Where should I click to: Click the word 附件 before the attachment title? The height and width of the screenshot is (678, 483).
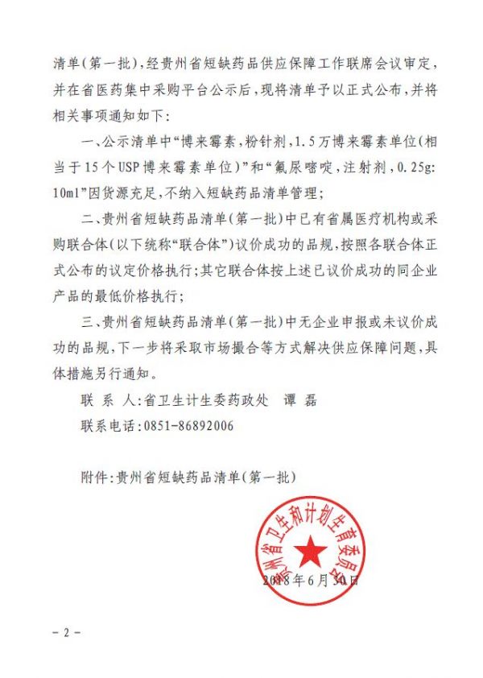(x=94, y=477)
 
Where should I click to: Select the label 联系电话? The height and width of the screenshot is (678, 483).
(x=109, y=426)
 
